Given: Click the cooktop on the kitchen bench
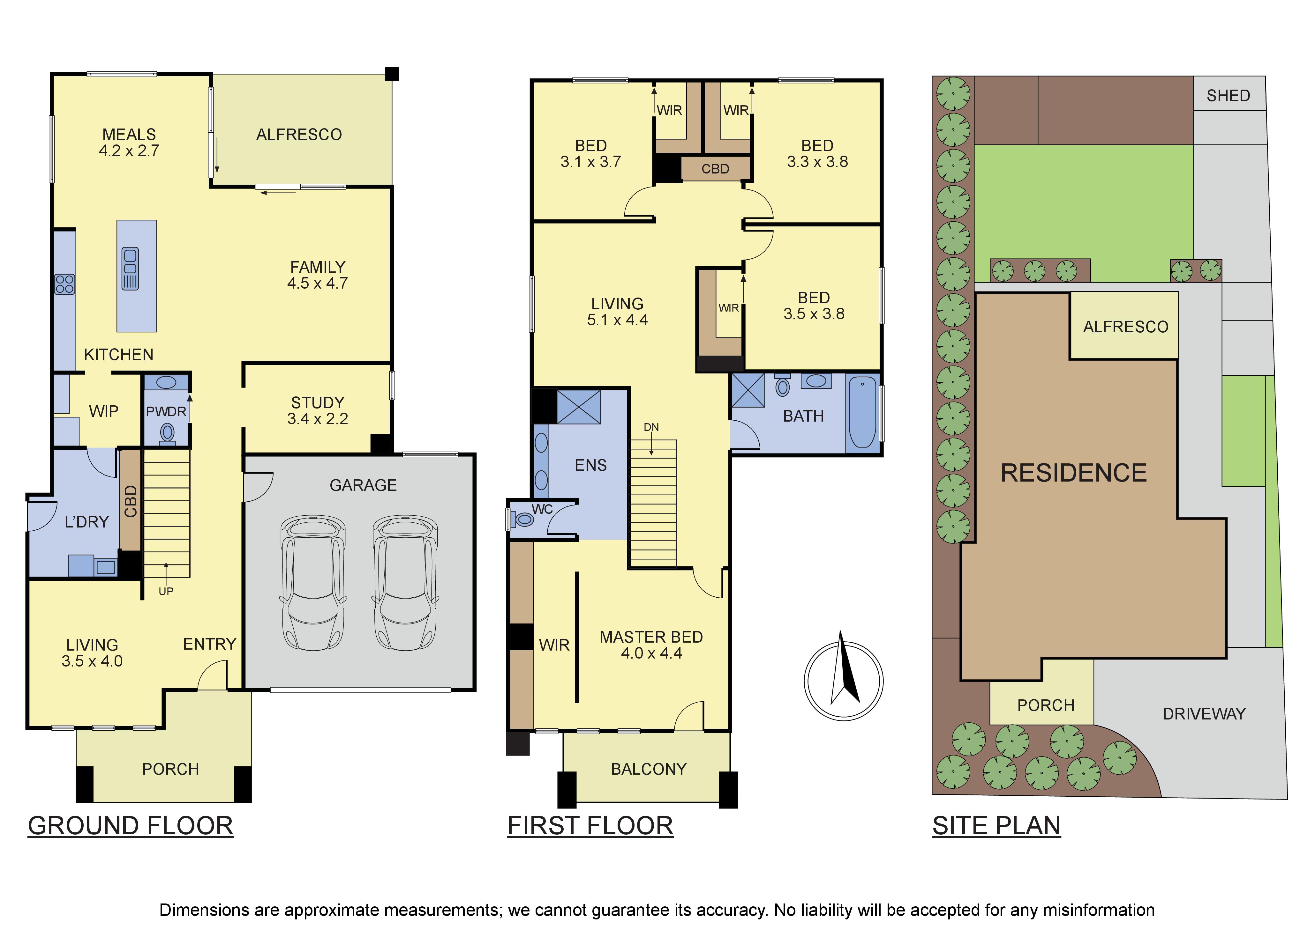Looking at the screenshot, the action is (x=64, y=284).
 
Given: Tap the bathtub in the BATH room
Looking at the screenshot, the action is (x=862, y=411).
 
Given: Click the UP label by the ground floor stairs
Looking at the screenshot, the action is (x=166, y=591).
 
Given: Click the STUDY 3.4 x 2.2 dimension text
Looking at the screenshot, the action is (x=318, y=419).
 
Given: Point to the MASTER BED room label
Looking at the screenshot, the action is (x=651, y=637).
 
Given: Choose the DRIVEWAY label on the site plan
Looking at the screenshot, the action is (x=1204, y=714).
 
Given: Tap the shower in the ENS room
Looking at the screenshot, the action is (x=578, y=407).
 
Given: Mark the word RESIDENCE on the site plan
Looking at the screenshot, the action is (x=1074, y=473).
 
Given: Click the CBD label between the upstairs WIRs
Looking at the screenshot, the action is (x=715, y=169).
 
